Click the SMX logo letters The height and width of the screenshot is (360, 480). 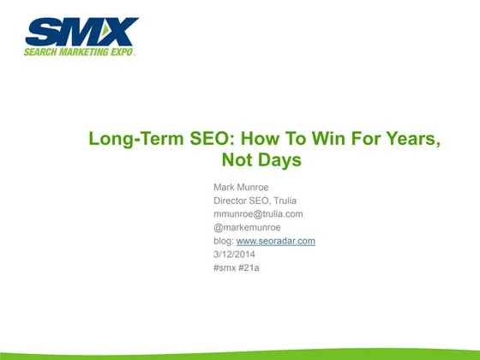pyautogui.click(x=81, y=33)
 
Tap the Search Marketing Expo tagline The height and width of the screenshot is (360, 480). pyautogui.click(x=81, y=51)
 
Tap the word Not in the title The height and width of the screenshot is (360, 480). pyautogui.click(x=239, y=160)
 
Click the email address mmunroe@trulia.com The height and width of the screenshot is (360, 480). pyautogui.click(x=258, y=213)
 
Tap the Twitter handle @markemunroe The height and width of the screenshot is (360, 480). pyautogui.click(x=248, y=227)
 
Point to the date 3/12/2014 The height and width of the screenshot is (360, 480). pyautogui.click(x=234, y=255)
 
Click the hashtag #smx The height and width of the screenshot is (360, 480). pyautogui.click(x=225, y=268)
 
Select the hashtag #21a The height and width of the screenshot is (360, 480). pyautogui.click(x=251, y=268)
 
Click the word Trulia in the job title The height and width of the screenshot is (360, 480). pyautogui.click(x=279, y=200)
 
